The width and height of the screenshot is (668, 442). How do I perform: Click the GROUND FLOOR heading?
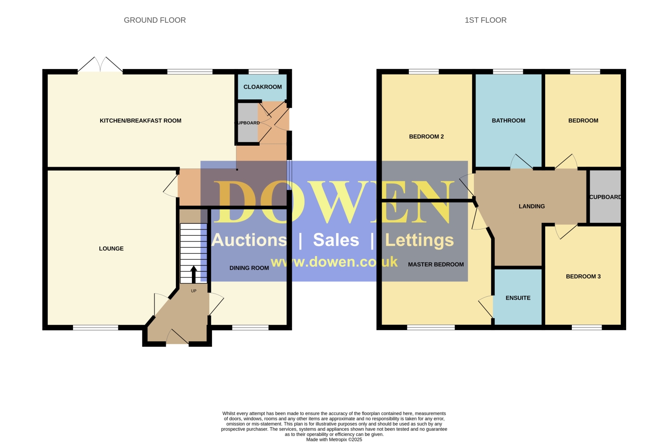coord(155,20)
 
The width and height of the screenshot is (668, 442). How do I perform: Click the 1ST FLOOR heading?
coord(485,20)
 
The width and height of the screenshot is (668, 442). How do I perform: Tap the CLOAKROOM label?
coord(262,87)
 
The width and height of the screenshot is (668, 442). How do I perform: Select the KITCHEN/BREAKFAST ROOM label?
coord(140,121)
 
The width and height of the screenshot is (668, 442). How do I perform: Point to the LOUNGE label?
coord(111,249)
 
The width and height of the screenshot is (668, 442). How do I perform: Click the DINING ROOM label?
coord(249,268)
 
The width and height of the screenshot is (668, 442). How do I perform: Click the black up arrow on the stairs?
coord(194,274)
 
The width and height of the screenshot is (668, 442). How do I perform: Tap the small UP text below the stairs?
coord(194,291)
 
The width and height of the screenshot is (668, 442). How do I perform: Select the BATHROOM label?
coord(509,121)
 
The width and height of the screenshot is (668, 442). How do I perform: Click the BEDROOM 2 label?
coord(427,137)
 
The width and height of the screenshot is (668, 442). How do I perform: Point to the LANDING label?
coord(532,206)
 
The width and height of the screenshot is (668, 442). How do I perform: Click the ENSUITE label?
coord(518,298)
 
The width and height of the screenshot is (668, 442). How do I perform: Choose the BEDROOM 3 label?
coord(583,276)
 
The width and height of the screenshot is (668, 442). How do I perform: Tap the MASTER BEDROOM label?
coord(436,264)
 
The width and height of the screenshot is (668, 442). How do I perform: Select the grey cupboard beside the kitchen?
coord(248,123)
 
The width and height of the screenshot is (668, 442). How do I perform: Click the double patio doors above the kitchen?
coord(100,64)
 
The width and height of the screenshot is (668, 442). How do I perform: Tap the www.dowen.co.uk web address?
coord(334,262)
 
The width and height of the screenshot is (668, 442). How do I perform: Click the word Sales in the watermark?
coord(336,240)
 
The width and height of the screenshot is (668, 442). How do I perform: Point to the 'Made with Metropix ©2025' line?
coord(334,440)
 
